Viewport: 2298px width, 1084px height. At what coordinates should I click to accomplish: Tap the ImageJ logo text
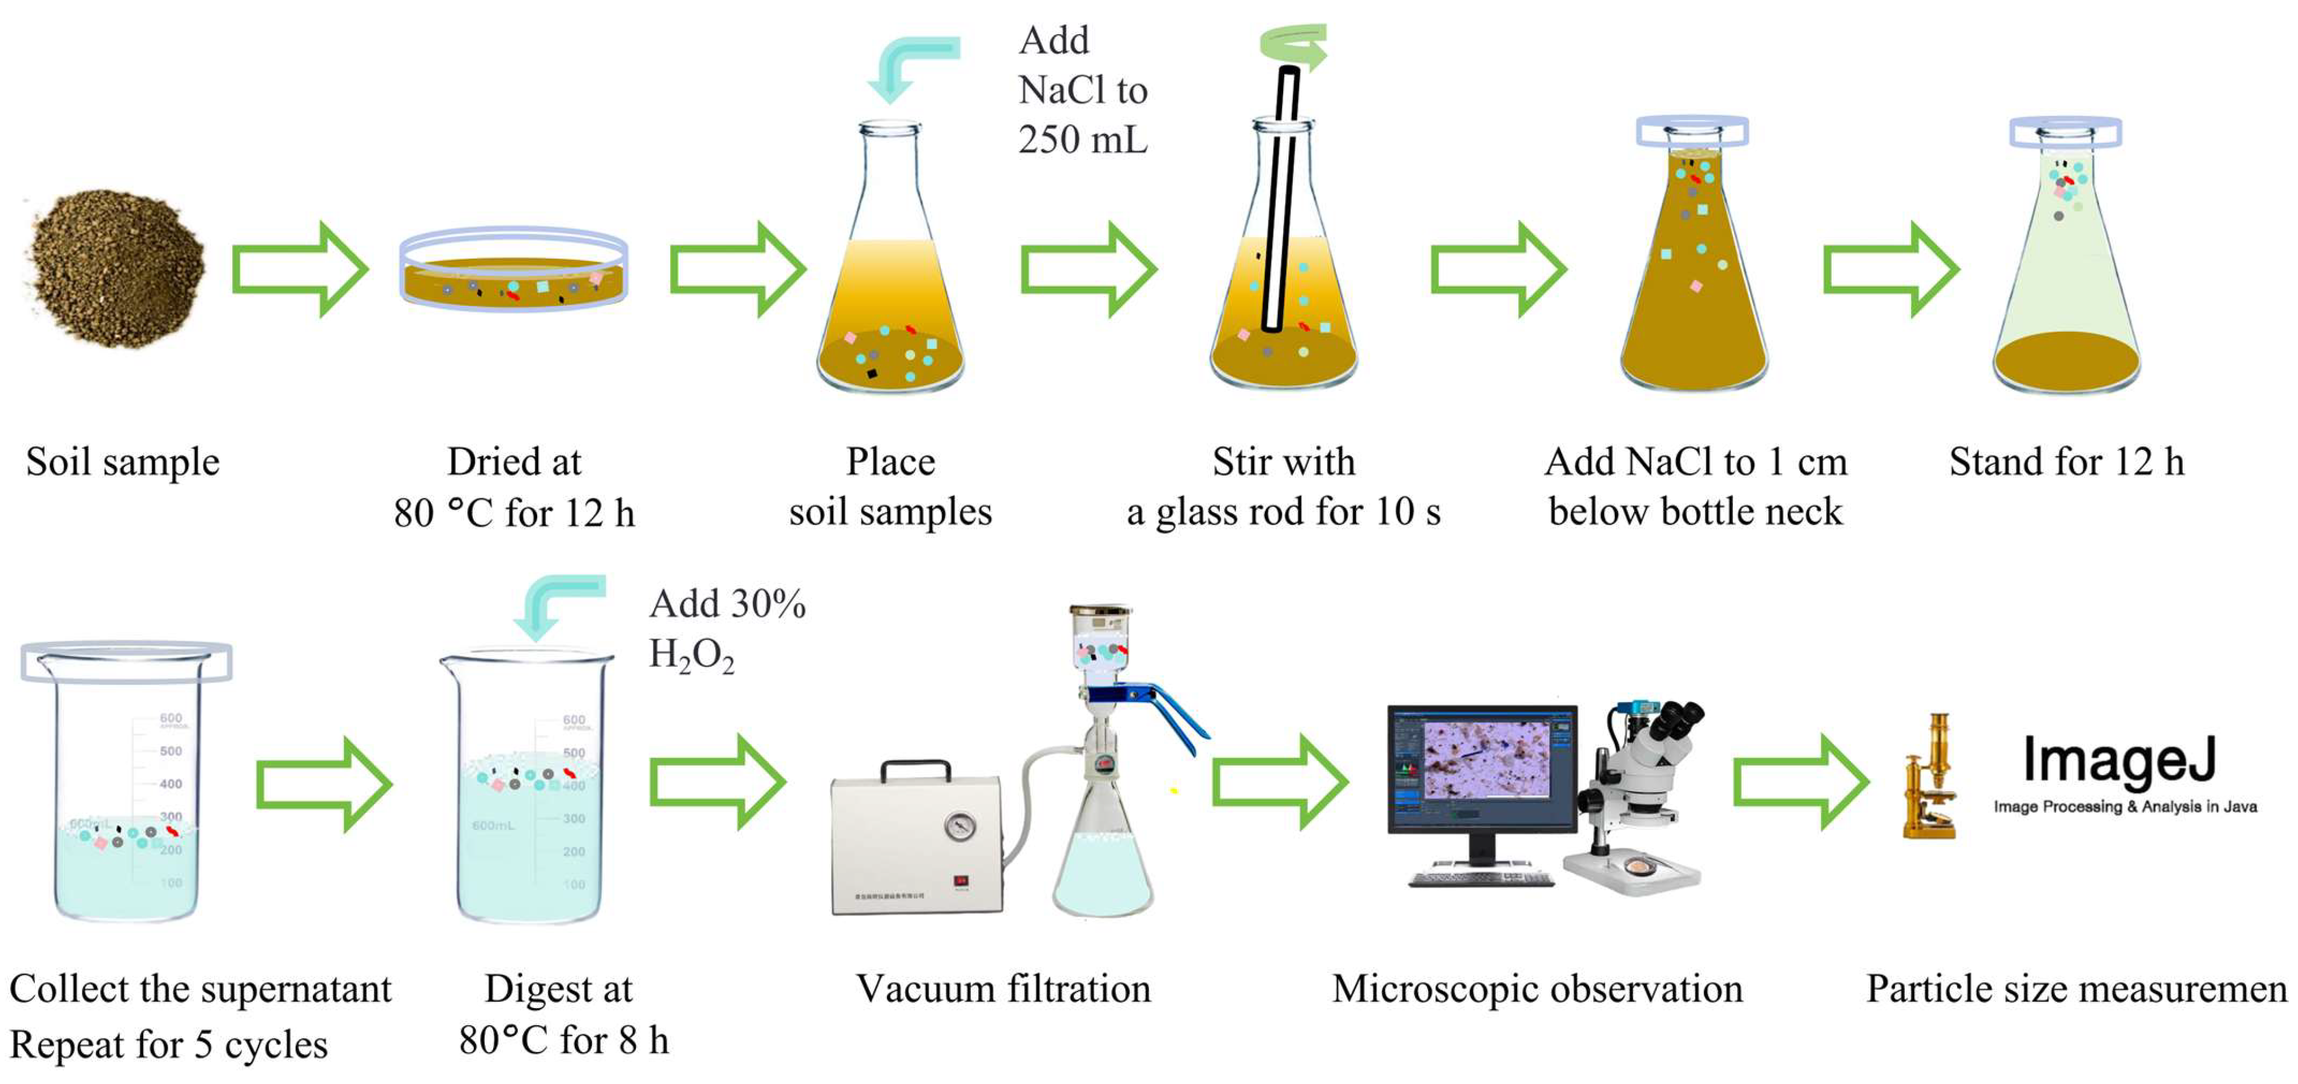[2119, 760]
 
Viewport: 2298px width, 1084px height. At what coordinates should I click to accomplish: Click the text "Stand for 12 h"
[2066, 462]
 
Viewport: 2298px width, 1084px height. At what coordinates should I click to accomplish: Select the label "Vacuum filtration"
[1003, 989]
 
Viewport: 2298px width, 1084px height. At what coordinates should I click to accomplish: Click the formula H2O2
[691, 656]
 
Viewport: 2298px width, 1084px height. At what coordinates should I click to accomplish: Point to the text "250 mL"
[1083, 140]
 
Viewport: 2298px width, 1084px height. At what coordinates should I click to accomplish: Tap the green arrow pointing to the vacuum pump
[717, 783]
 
